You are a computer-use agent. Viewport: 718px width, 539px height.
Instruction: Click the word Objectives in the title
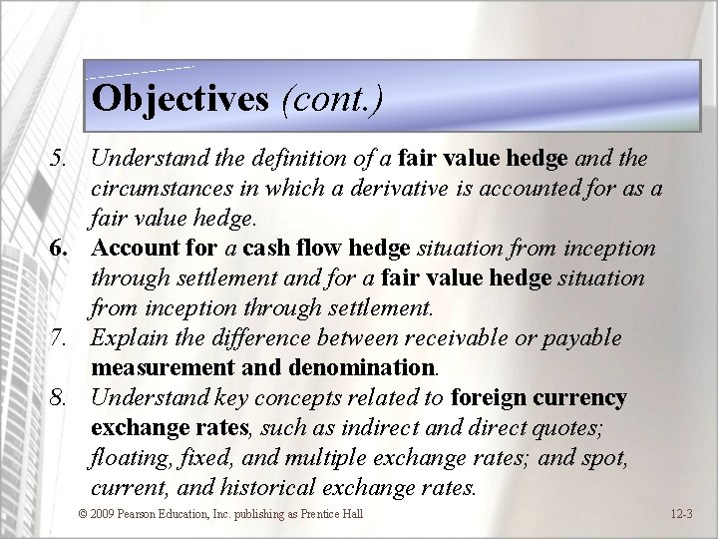179,98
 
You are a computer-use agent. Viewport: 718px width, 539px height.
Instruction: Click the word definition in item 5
283,157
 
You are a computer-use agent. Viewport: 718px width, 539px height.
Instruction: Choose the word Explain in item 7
124,338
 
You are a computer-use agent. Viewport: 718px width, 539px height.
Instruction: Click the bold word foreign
487,398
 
